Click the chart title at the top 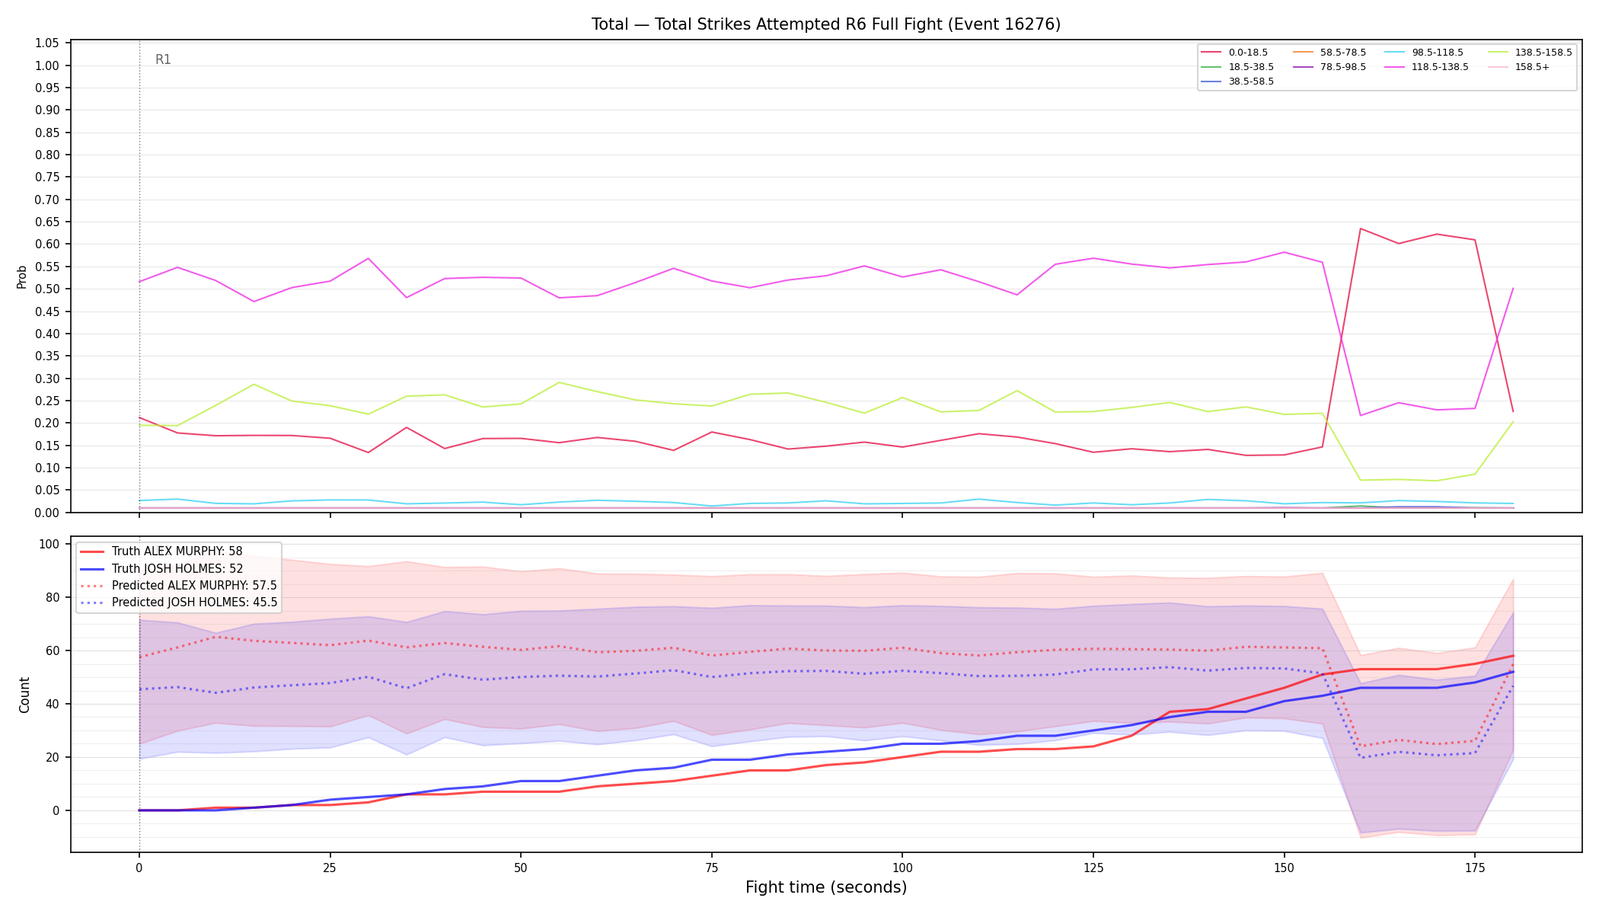pyautogui.click(x=826, y=24)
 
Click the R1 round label pyautogui.click(x=163, y=59)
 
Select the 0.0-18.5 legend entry pyautogui.click(x=1234, y=53)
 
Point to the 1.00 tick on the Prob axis pyautogui.click(x=47, y=66)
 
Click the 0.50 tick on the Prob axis pyautogui.click(x=47, y=289)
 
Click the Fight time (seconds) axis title pyautogui.click(x=826, y=887)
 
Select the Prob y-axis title pyautogui.click(x=22, y=276)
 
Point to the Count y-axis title pyautogui.click(x=24, y=695)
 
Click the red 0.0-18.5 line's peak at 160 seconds pyautogui.click(x=1360, y=228)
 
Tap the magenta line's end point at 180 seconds pyautogui.click(x=1513, y=288)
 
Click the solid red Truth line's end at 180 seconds pyautogui.click(x=1513, y=656)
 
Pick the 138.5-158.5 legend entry pyautogui.click(x=1530, y=53)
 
